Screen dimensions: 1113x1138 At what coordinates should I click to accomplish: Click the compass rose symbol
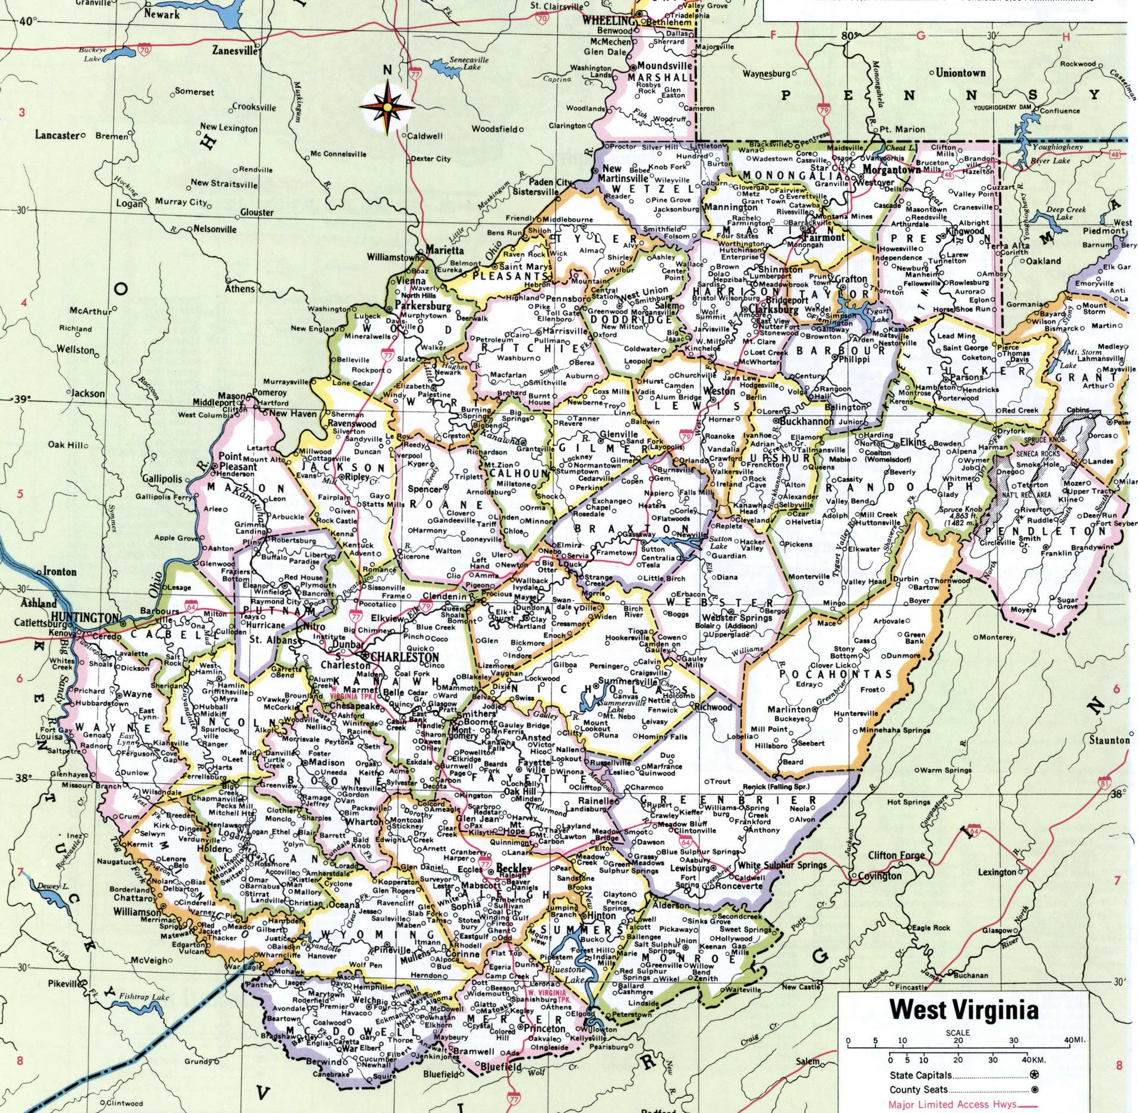click(x=387, y=107)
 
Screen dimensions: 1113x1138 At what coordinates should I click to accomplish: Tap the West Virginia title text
click(x=963, y=1010)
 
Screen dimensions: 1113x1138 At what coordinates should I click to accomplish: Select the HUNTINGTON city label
click(x=85, y=617)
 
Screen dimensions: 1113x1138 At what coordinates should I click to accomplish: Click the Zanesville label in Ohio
click(x=235, y=51)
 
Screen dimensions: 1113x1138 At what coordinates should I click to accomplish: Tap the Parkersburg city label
click(x=423, y=306)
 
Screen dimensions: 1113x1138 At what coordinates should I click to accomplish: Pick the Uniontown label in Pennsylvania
click(x=960, y=73)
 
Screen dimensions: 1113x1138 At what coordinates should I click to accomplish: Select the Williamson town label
click(x=137, y=912)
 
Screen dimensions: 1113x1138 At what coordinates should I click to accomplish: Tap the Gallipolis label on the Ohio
click(x=162, y=478)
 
